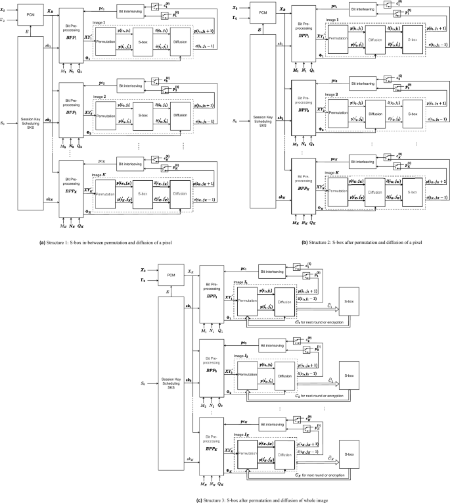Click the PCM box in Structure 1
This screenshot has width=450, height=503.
coord(31,14)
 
